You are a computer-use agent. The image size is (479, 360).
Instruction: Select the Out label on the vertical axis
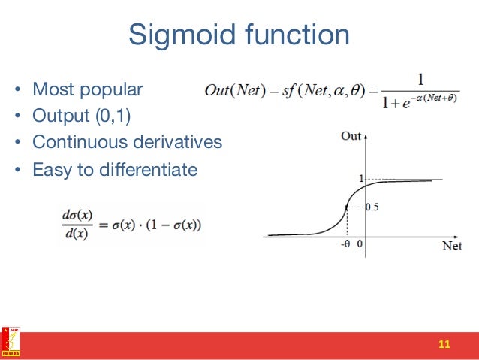[350, 136]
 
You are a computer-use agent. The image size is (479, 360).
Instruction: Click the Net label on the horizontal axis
[452, 246]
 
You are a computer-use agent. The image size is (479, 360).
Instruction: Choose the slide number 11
[444, 344]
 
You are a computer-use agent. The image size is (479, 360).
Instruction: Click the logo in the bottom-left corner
[11, 342]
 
